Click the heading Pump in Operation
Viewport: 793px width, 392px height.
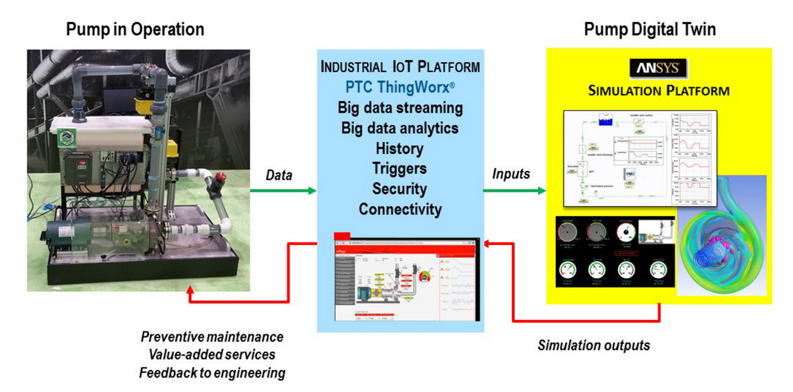click(135, 30)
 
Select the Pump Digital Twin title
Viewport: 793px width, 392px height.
click(649, 30)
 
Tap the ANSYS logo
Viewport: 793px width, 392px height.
click(658, 69)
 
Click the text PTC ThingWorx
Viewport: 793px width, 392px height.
click(400, 88)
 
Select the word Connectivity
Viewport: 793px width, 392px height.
click(400, 209)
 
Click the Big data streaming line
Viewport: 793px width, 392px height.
click(400, 108)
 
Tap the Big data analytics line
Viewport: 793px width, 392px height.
click(400, 128)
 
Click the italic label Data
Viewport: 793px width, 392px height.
click(279, 176)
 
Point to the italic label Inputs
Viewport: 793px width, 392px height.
click(511, 174)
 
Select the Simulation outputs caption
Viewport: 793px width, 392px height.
click(594, 345)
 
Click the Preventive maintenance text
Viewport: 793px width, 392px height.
click(212, 337)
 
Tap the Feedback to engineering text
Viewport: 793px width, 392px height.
click(212, 373)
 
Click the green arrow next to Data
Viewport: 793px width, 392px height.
click(282, 190)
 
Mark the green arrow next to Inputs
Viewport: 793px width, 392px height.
click(515, 190)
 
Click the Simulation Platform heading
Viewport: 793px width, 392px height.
click(658, 90)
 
